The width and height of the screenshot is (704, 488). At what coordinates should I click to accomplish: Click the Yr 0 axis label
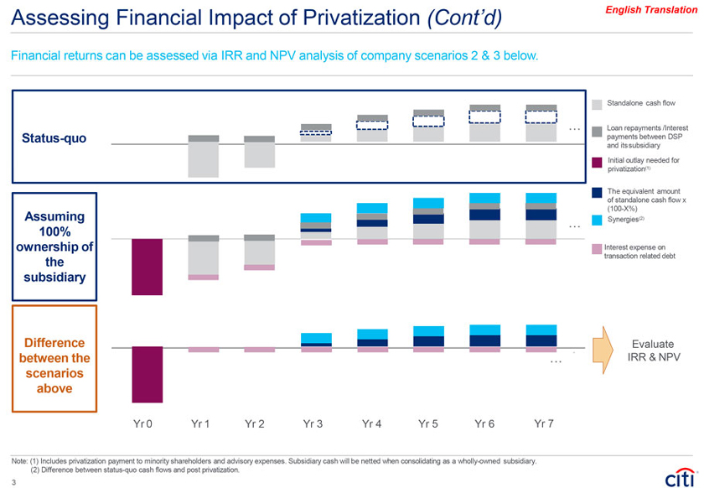(x=143, y=423)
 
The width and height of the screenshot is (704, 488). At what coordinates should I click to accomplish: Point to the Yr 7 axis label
(x=544, y=423)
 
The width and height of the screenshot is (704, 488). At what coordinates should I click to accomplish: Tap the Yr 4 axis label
(x=372, y=423)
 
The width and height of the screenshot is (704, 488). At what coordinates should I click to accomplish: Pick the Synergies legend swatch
(x=597, y=221)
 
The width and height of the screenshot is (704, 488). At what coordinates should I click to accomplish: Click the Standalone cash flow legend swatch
(x=597, y=103)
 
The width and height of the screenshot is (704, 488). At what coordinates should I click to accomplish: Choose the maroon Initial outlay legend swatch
(x=597, y=162)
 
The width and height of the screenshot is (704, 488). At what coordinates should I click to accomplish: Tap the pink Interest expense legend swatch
(x=597, y=249)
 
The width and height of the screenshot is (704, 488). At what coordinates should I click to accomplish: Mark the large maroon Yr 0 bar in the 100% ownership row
(x=148, y=267)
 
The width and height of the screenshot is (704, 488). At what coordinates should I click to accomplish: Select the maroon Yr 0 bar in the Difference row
(x=148, y=374)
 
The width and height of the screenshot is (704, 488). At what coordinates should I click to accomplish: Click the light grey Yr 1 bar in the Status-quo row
(x=204, y=159)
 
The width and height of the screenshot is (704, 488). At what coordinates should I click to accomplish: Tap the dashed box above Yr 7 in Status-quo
(x=541, y=117)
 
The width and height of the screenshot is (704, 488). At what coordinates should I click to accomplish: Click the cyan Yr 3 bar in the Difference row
(x=316, y=337)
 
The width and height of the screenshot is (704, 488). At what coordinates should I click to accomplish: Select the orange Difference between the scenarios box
(x=54, y=358)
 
